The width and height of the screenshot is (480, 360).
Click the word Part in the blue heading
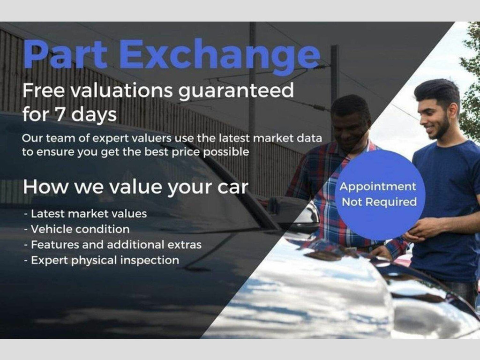tap(65, 53)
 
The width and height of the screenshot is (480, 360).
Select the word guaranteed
tap(236, 92)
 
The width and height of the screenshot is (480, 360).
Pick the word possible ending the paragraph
tap(226, 152)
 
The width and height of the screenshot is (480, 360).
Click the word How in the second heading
tap(46, 187)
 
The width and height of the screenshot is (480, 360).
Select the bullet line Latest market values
tap(85, 214)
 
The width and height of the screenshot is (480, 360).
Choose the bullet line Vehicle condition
tap(77, 229)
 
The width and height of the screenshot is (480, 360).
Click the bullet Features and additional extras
tap(112, 245)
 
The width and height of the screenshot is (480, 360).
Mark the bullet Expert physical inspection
tap(102, 261)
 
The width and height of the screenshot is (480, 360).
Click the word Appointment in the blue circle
tap(378, 187)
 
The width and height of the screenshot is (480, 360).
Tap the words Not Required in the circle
tap(379, 202)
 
